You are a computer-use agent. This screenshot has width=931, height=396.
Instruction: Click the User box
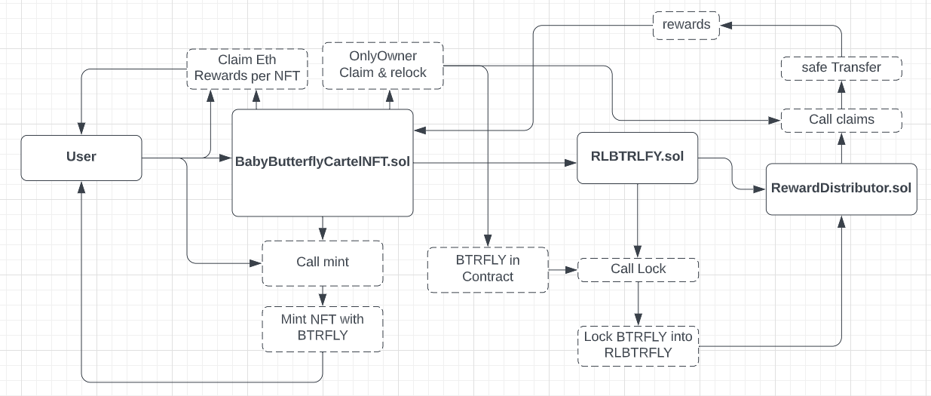click(x=81, y=158)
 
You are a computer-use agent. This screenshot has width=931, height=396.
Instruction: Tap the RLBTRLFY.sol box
click(x=638, y=158)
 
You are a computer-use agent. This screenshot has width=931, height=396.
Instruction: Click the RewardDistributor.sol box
click(x=841, y=189)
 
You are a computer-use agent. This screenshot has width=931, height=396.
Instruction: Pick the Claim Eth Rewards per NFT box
click(x=247, y=69)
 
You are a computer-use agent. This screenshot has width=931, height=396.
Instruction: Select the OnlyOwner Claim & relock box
click(x=383, y=65)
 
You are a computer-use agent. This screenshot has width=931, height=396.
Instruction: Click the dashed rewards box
click(x=686, y=24)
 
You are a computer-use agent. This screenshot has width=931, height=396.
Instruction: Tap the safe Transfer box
click(x=841, y=68)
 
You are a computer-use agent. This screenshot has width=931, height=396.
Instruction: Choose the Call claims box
click(x=841, y=119)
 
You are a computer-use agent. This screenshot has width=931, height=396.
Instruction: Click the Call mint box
click(x=323, y=263)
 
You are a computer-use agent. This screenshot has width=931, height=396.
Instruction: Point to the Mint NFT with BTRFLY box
click(x=323, y=327)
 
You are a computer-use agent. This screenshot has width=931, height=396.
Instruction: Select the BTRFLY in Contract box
click(x=488, y=269)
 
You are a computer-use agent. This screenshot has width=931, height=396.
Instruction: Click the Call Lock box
click(x=638, y=269)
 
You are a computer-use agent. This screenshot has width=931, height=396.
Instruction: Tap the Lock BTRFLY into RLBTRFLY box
click(x=638, y=345)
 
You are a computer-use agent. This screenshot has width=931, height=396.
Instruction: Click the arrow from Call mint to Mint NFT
click(x=323, y=296)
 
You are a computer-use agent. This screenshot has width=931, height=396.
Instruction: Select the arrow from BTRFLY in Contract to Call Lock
click(x=562, y=269)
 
